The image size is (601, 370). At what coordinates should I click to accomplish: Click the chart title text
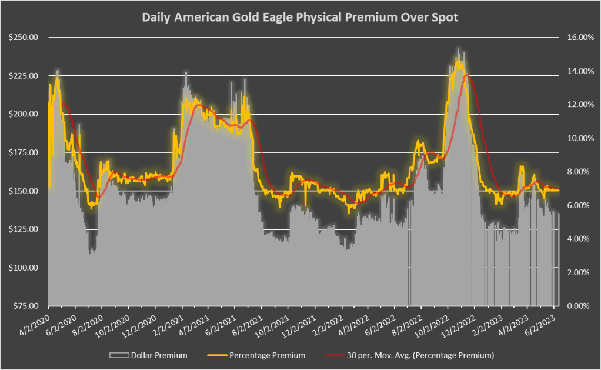[300, 18]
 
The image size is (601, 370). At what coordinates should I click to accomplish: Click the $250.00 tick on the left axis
[23, 38]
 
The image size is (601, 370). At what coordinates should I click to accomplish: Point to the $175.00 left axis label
[23, 153]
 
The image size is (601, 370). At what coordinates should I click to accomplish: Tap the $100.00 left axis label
[23, 268]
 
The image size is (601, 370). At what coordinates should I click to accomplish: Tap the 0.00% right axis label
[578, 306]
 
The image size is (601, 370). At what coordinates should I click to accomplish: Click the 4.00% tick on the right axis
[578, 239]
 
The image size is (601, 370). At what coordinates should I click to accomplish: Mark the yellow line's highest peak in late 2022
[458, 59]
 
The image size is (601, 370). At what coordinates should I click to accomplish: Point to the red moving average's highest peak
[466, 75]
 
